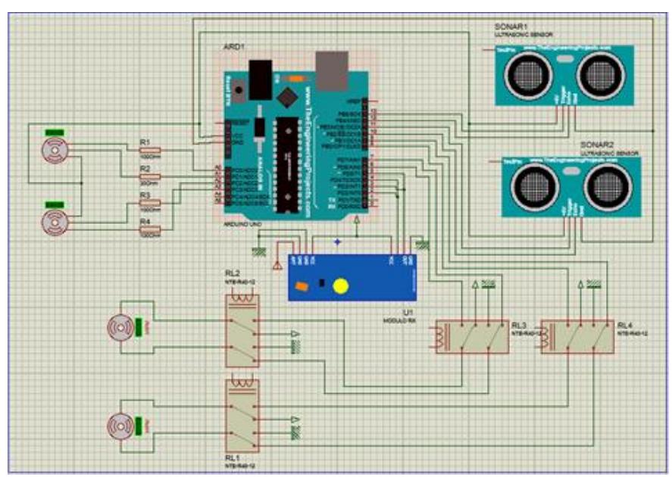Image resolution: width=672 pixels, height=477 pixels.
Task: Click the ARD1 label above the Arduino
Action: click(233, 47)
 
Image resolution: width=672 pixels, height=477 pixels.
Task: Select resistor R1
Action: click(156, 150)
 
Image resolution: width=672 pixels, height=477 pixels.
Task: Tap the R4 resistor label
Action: click(145, 220)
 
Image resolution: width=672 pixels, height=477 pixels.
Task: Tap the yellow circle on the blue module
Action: click(341, 285)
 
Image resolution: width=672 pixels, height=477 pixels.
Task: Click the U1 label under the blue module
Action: click(407, 311)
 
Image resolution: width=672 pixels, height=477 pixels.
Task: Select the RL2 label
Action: click(233, 273)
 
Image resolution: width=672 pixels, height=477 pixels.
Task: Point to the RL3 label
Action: click(518, 323)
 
